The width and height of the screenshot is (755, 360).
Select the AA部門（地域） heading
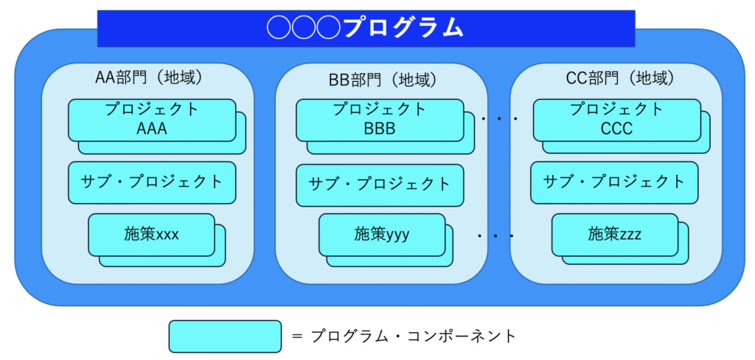(147, 78)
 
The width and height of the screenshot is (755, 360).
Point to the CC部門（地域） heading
(619, 78)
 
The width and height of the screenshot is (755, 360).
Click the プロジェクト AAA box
(152, 120)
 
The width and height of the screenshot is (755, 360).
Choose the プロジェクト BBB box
(380, 120)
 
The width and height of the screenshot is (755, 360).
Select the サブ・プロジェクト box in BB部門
(380, 185)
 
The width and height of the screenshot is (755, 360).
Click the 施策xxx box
(151, 235)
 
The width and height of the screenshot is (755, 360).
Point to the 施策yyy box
(382, 235)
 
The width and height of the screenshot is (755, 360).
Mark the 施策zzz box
(614, 235)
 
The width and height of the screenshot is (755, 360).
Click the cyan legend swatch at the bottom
(225, 336)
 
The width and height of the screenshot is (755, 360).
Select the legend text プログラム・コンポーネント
(413, 336)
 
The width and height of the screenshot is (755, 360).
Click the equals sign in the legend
(297, 336)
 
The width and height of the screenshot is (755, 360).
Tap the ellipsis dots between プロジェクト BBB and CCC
(498, 118)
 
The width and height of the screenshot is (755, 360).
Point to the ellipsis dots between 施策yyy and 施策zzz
(496, 236)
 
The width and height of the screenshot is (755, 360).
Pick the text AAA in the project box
(152, 128)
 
